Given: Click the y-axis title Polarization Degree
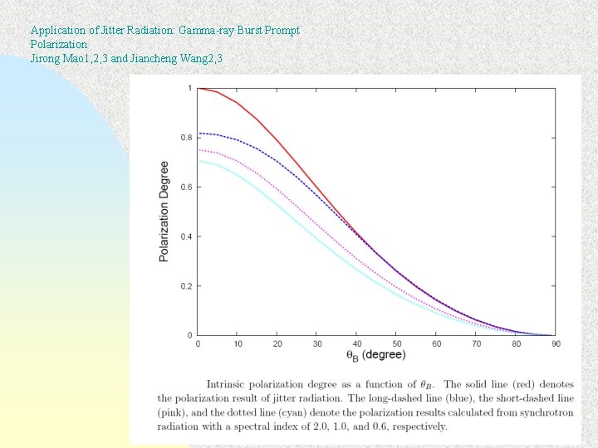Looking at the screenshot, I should coord(164,212).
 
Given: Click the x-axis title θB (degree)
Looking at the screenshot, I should coord(376,355).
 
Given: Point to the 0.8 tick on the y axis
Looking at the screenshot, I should coord(187,138).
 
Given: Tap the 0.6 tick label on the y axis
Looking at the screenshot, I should coord(187,187).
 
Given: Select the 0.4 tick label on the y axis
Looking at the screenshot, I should coord(187,236).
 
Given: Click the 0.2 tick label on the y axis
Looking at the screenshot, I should coord(187,286).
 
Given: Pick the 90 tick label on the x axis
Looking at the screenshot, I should coord(555,343).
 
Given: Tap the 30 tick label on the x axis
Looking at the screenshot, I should coord(316,343).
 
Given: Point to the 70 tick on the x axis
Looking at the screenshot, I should coord(475,343).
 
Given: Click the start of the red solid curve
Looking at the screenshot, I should coord(198,88).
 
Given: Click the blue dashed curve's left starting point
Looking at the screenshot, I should coord(199,134).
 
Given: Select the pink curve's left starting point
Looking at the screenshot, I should coord(199,150).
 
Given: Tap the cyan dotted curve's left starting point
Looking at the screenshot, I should coord(199,161).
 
